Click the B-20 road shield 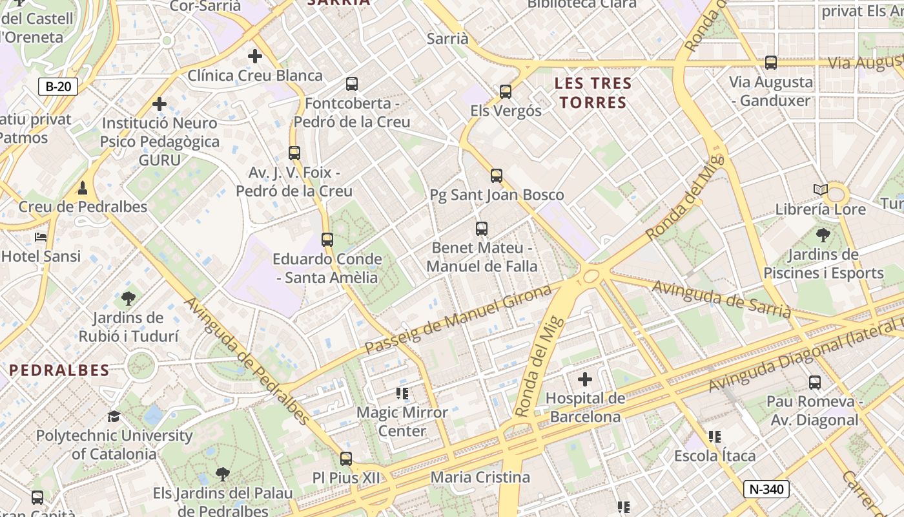58,87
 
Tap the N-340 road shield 766,489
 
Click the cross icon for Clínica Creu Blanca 255,56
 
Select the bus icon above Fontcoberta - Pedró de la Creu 352,83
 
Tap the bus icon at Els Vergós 506,92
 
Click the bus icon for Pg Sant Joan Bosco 496,175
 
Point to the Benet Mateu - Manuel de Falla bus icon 482,228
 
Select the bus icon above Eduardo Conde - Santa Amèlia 327,240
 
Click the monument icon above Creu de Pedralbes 83,188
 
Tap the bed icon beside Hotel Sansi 41,237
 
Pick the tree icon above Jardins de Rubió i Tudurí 128,299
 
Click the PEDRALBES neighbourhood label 59,370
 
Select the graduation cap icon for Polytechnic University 114,416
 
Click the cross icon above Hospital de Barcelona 585,379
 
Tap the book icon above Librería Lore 821,190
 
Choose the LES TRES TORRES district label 593,92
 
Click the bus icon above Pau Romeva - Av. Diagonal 815,383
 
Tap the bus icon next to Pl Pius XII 346,459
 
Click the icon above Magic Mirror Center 403,393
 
